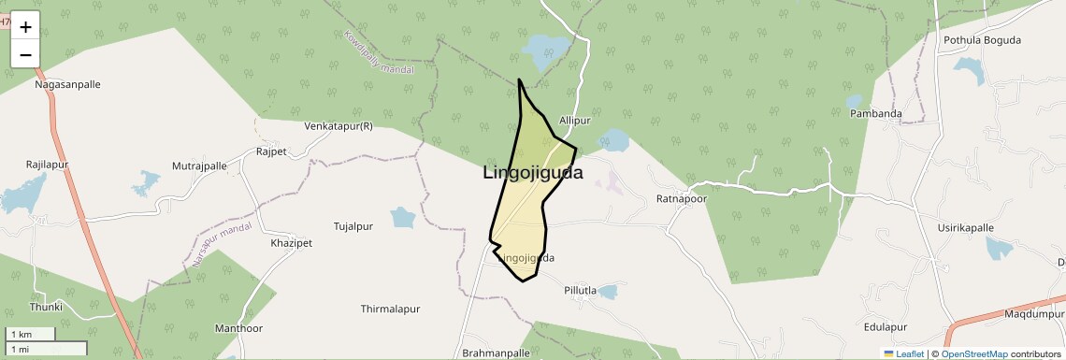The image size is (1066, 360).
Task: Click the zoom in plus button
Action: [25, 27]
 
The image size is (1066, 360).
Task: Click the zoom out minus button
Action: [25, 54]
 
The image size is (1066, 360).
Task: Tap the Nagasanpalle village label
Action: [67, 84]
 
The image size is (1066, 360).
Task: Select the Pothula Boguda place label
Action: [982, 40]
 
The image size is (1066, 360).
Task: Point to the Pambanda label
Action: [875, 114]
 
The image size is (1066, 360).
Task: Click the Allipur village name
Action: [575, 122]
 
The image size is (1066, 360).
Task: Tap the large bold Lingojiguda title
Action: [533, 173]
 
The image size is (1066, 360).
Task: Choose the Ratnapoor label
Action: [682, 199]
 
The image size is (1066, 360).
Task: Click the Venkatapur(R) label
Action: [339, 126]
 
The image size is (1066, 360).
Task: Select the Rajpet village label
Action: [271, 151]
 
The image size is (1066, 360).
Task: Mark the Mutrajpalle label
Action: [199, 166]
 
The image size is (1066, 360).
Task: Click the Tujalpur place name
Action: [353, 227]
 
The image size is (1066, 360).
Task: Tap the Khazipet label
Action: [291, 243]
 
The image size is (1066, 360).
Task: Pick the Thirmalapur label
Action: [391, 309]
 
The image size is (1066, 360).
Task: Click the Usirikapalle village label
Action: [966, 227]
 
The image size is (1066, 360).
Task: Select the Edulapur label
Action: [886, 327]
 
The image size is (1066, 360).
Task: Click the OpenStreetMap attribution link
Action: [973, 354]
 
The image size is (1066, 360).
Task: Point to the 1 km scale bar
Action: [32, 334]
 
